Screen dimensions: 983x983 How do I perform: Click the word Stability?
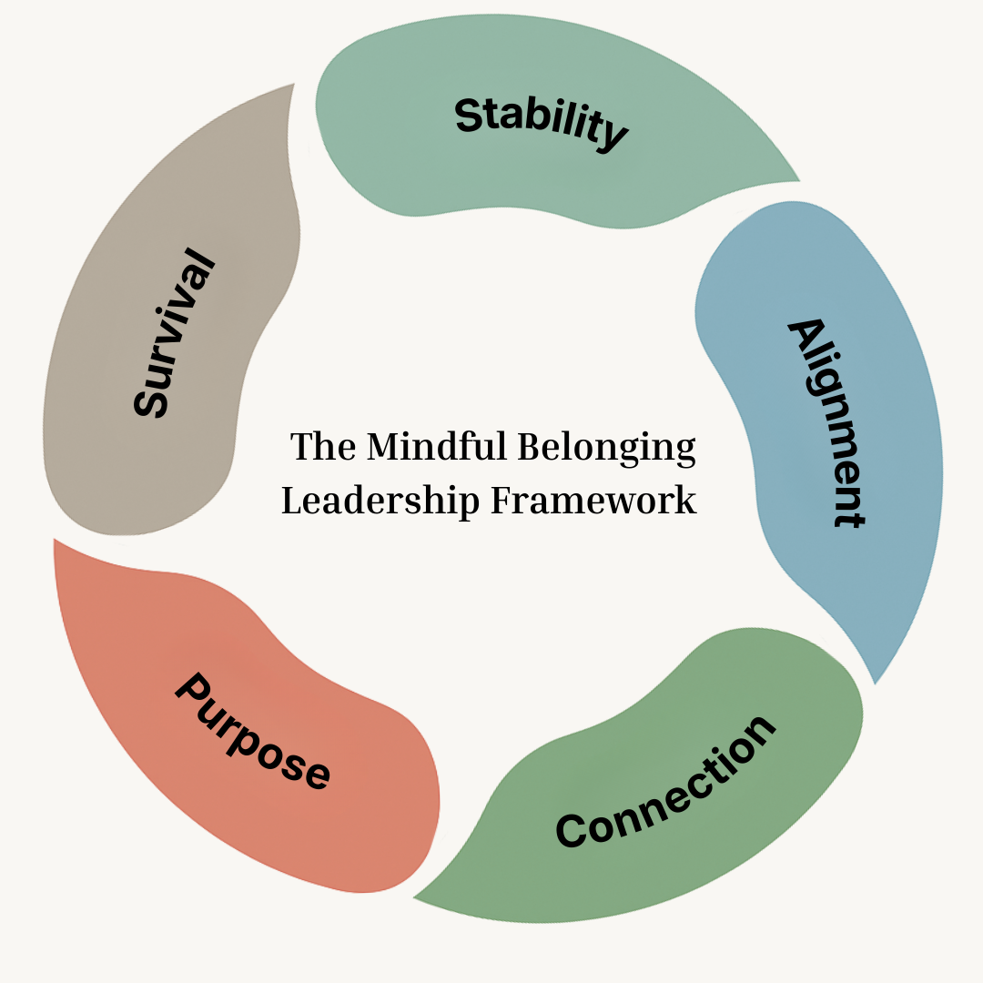tap(541, 123)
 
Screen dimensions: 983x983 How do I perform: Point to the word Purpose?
tap(252, 731)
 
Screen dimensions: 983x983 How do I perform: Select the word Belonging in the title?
tap(606, 449)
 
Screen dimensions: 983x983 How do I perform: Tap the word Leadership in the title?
tap(380, 501)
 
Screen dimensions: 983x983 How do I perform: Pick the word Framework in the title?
tap(594, 501)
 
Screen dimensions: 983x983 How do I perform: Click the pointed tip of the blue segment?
tap(875, 683)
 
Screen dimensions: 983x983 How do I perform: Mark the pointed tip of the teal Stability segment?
tap(799, 180)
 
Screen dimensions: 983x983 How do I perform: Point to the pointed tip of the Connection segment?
tap(413, 898)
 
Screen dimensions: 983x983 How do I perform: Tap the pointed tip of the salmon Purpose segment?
tap(55, 539)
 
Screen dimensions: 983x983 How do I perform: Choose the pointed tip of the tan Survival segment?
tap(294, 84)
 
